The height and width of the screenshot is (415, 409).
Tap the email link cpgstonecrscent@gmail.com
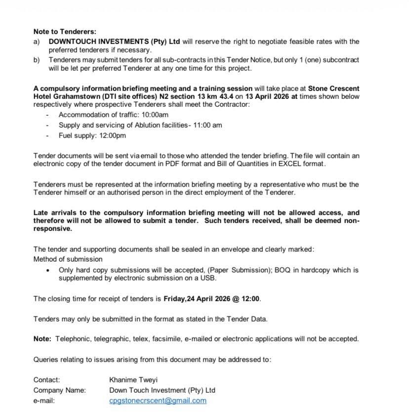(158, 401)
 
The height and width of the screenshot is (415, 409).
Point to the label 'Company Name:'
(59, 390)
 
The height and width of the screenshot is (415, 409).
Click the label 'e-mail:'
(44, 401)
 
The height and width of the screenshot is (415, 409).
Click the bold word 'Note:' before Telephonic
(42, 339)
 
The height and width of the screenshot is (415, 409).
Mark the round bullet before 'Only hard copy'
(47, 271)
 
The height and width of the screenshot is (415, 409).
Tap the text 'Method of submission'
(68, 259)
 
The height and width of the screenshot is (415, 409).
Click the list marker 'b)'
(37, 60)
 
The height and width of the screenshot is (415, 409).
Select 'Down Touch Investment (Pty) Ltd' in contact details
(162, 390)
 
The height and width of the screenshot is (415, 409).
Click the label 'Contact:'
(46, 380)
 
